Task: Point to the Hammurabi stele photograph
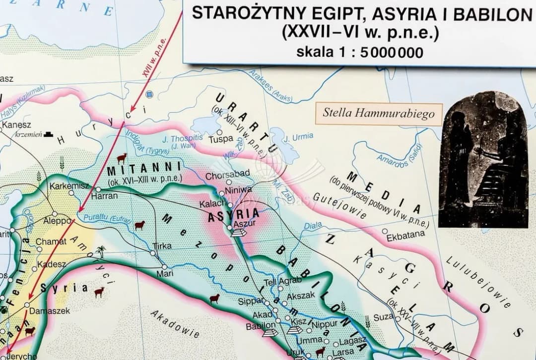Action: point(483,159)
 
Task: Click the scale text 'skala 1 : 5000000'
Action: point(360,52)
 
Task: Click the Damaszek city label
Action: point(50,311)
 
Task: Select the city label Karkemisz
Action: point(69,185)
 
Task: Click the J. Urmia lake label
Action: point(299,136)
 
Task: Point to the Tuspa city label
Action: point(220,139)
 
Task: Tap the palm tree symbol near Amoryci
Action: point(101,251)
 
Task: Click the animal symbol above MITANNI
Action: point(122,159)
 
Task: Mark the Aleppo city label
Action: point(58,221)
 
